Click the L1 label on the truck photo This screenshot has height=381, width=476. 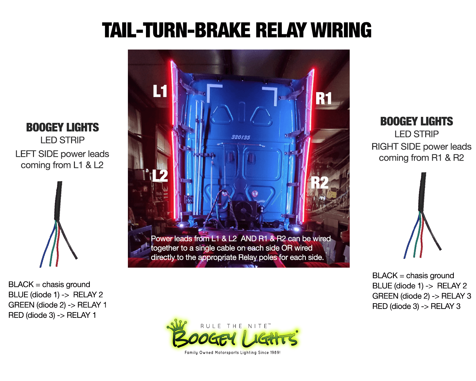coord(160,91)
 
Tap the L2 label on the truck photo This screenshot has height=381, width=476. coord(160,176)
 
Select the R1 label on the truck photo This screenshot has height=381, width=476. coord(323,98)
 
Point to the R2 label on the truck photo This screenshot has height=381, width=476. coord(320,183)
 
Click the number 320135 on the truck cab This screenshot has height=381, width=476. coord(241,137)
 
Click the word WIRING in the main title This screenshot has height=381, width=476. coord(341,30)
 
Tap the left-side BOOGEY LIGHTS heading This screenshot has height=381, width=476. coord(63,127)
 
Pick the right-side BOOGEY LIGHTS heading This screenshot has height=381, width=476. coord(416,121)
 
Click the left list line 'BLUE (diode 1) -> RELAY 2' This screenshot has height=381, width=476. coord(56,295)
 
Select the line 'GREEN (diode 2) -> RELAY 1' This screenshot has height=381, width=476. coord(57,305)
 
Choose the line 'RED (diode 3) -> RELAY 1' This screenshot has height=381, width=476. coord(52,315)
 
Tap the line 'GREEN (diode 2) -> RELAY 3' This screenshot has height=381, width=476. coord(421,296)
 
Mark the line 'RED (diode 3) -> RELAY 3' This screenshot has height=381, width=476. coord(416,306)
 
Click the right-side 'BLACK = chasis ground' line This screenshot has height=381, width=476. coord(413,275)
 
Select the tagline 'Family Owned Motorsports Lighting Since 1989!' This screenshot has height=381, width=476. coord(232,352)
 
